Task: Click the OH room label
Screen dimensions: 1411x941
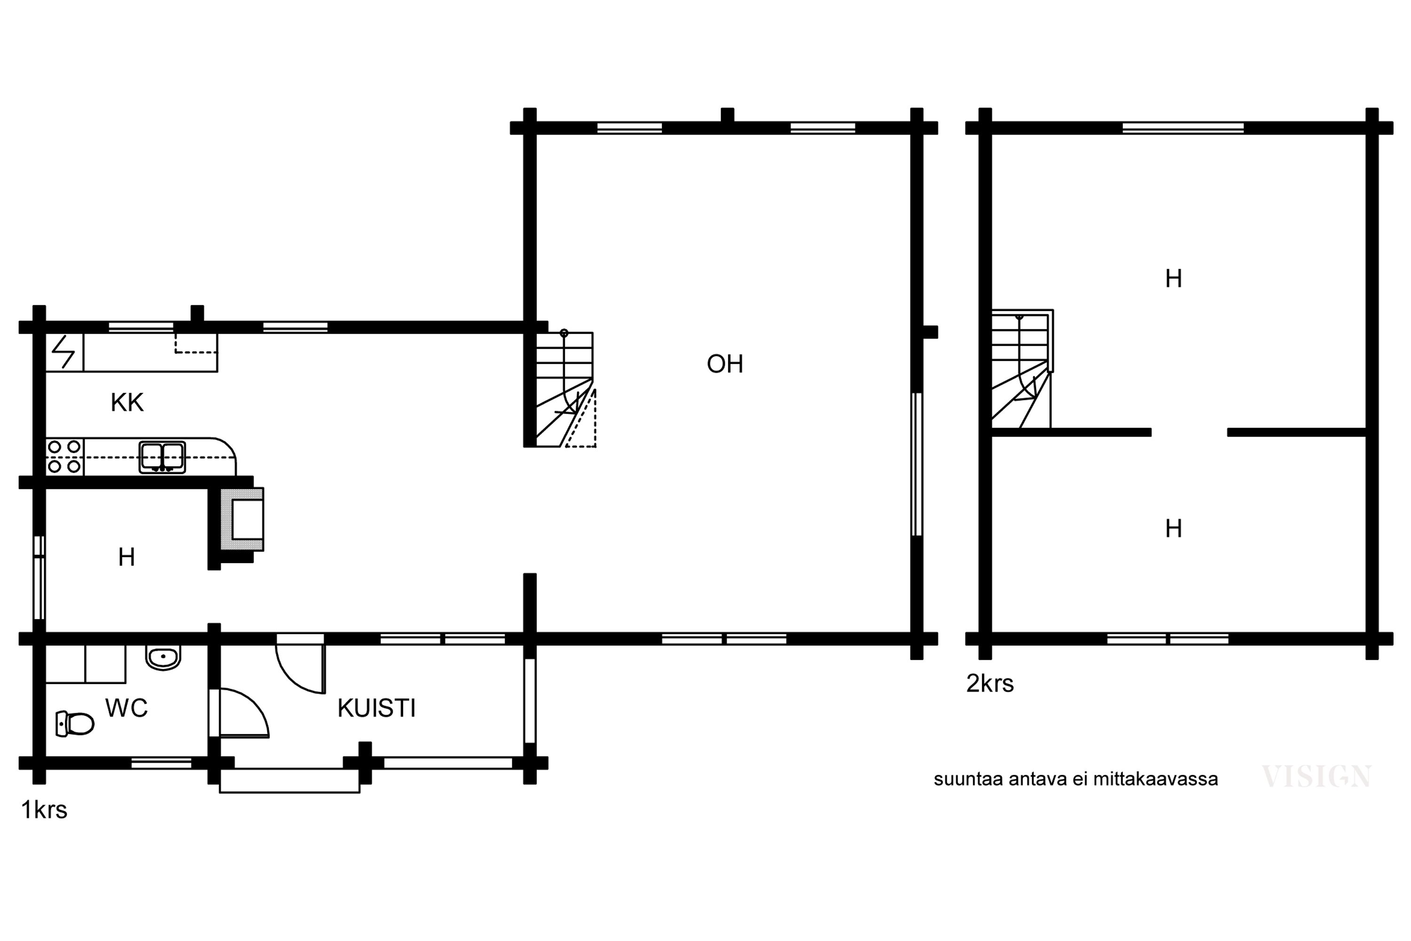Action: click(x=725, y=364)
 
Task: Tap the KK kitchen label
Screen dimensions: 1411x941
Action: click(x=127, y=403)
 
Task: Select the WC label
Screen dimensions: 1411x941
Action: click(x=126, y=708)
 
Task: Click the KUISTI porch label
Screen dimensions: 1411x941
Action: click(x=376, y=708)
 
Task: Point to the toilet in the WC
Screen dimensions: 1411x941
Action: click(x=75, y=723)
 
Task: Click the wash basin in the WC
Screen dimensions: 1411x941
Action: click(x=163, y=658)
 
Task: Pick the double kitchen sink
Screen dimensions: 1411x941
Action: click(x=162, y=457)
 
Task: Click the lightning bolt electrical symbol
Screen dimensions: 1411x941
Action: click(x=63, y=351)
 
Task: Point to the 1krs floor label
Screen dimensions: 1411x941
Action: click(x=44, y=810)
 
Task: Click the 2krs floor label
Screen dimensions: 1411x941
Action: click(x=990, y=684)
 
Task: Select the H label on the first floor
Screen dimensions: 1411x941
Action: click(x=126, y=558)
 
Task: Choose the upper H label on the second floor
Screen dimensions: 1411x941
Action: click(x=1173, y=279)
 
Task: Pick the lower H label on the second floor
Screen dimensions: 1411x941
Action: click(x=1173, y=529)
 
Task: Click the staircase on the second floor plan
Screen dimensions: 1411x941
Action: click(x=1022, y=369)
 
